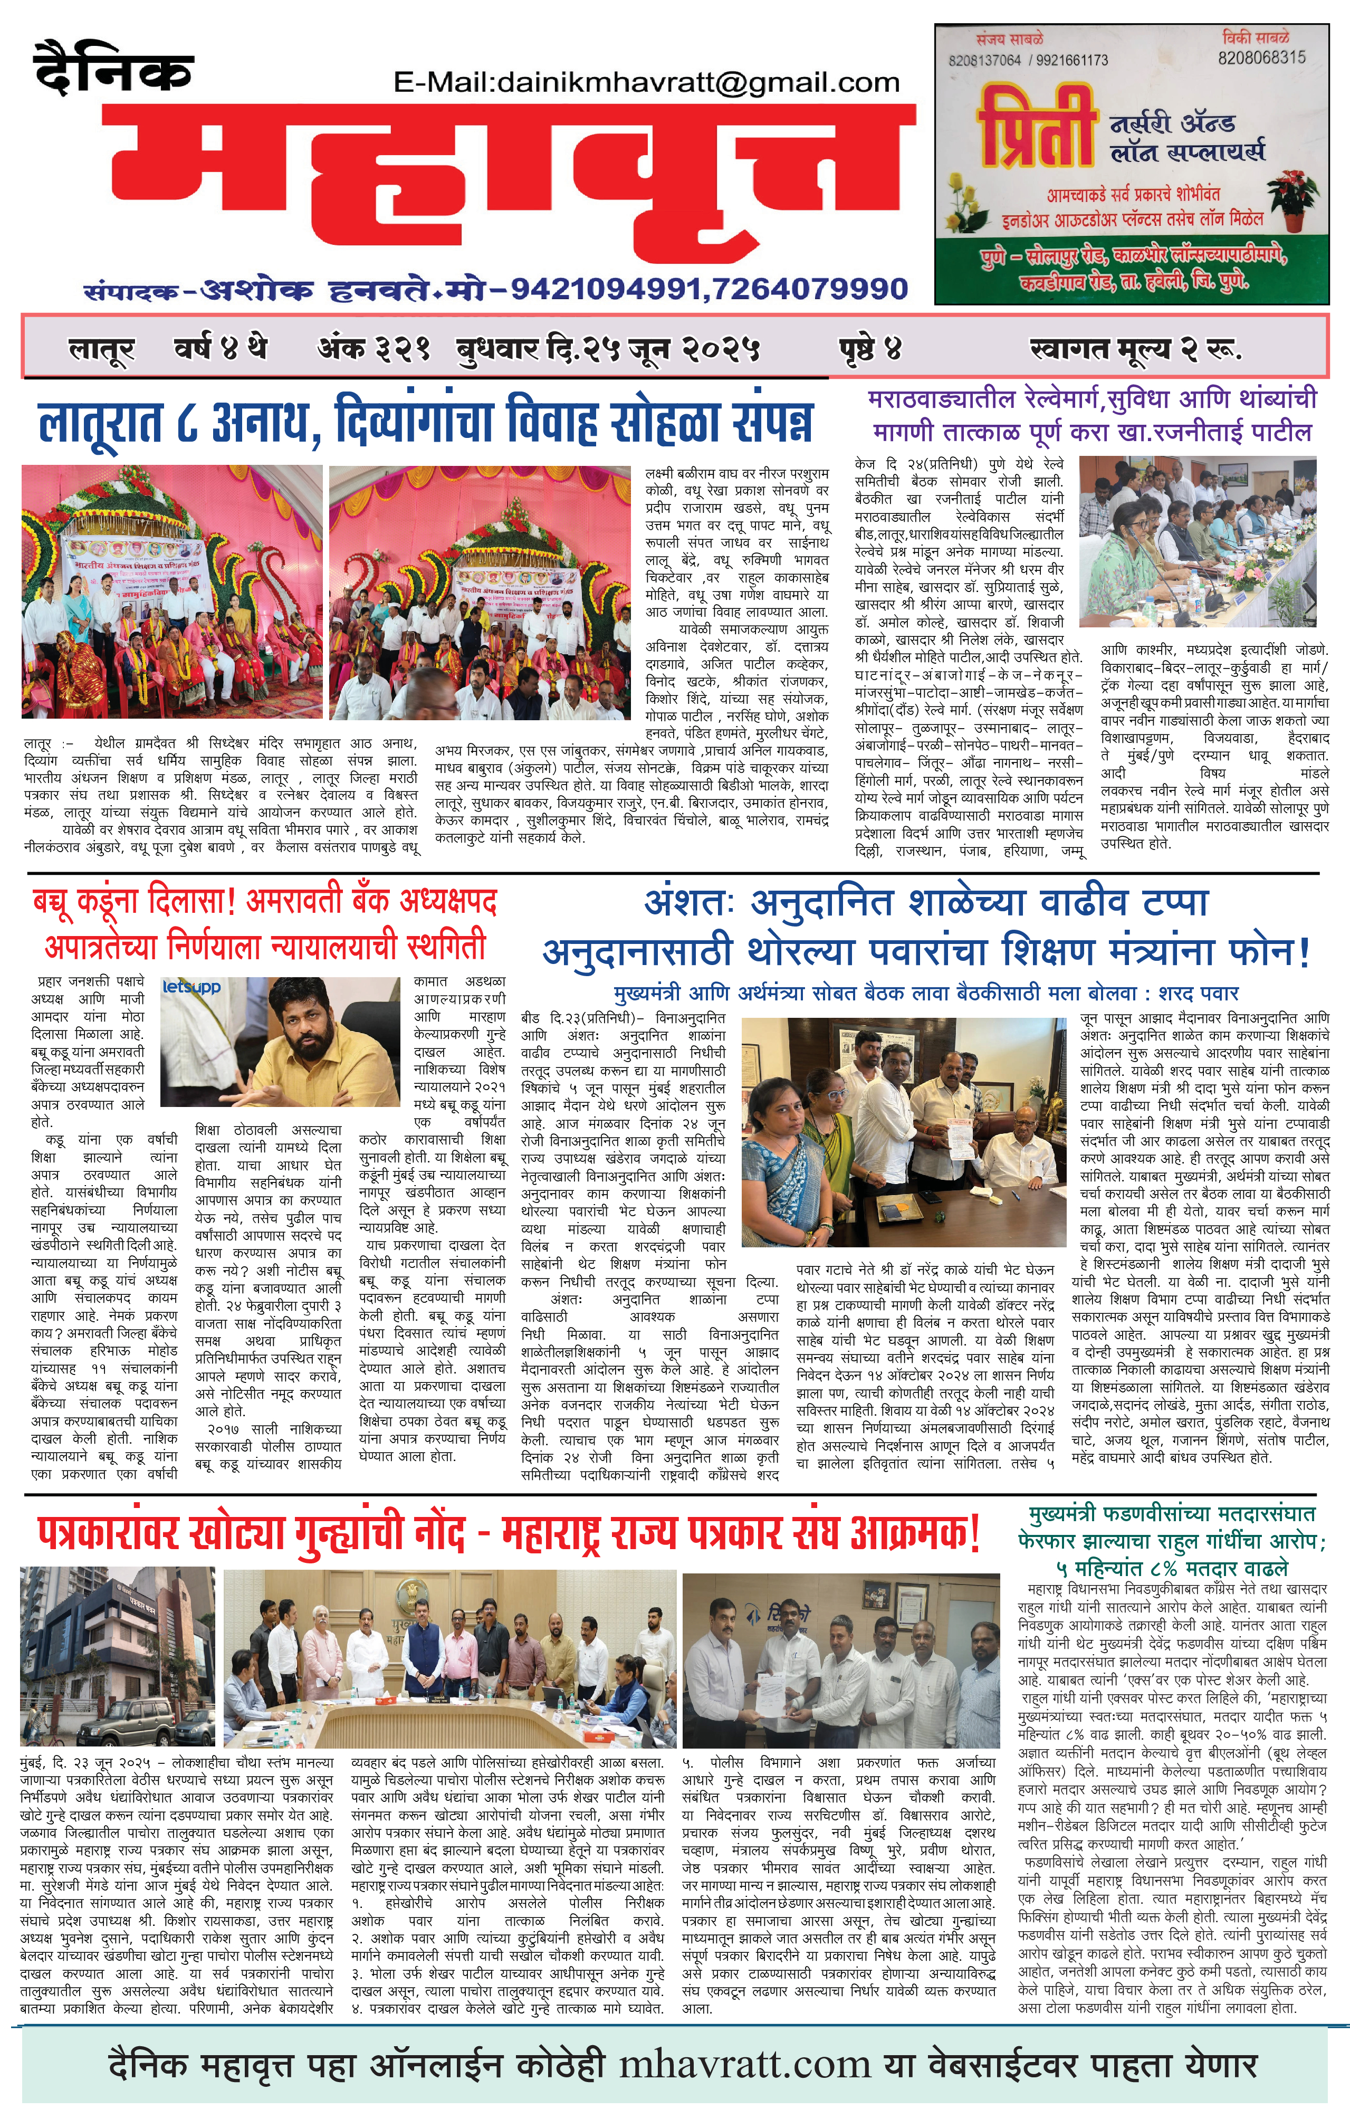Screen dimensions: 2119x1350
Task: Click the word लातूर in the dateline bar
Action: click(x=101, y=350)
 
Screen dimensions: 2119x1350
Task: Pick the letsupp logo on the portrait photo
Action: click(x=192, y=987)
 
